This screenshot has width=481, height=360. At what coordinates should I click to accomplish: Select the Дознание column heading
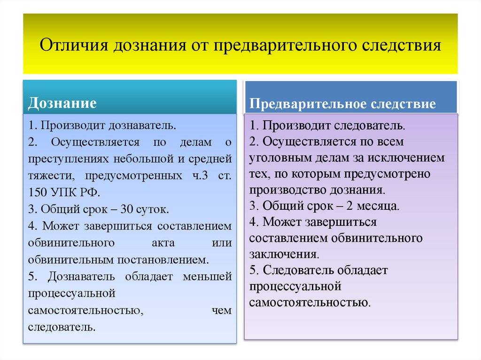point(62,103)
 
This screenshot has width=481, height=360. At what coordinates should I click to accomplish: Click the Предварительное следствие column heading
point(342,104)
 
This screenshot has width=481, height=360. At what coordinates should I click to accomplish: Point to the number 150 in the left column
point(38,192)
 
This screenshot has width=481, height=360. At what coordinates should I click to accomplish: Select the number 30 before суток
point(124,209)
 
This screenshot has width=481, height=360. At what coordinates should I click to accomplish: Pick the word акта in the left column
point(163,243)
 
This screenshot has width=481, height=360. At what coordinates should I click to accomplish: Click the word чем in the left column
point(222,311)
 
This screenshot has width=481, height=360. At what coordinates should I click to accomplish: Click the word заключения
point(284,254)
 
